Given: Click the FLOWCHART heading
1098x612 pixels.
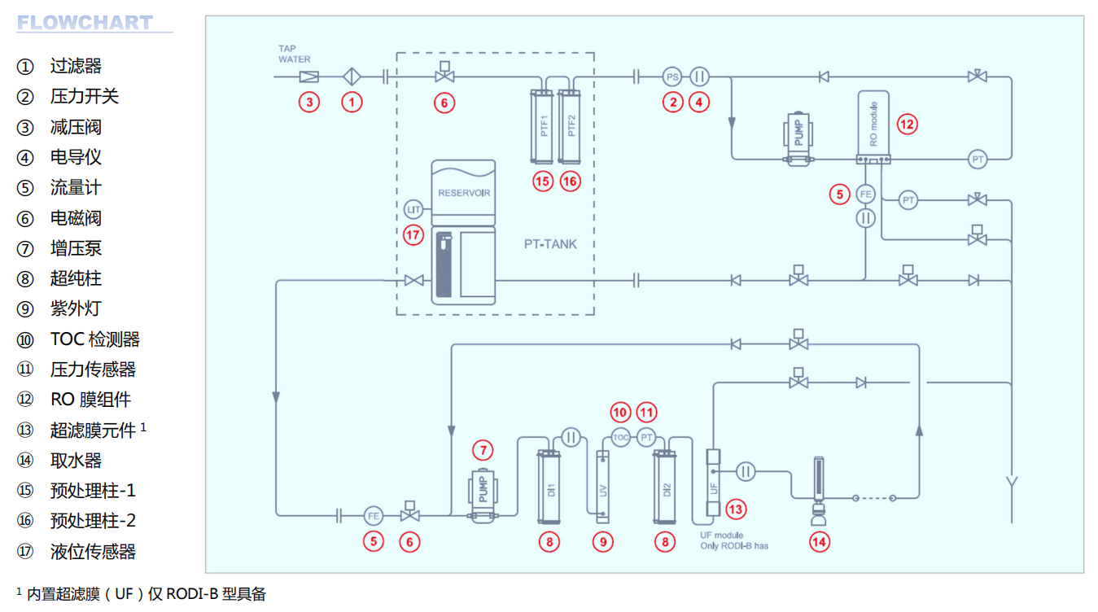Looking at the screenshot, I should pyautogui.click(x=85, y=23).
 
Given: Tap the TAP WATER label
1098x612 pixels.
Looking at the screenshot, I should pyautogui.click(x=295, y=54).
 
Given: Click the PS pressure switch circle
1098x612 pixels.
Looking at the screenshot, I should pyautogui.click(x=671, y=77).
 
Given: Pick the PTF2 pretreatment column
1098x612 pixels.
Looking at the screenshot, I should pyautogui.click(x=570, y=127).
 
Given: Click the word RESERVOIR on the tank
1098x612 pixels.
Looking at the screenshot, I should pyautogui.click(x=463, y=194).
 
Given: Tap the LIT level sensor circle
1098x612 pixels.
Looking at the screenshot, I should pyautogui.click(x=414, y=209).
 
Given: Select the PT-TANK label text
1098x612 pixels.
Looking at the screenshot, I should pyautogui.click(x=550, y=244).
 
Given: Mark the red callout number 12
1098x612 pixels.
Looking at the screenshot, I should pyautogui.click(x=907, y=124).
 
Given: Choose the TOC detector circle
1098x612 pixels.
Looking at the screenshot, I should pyautogui.click(x=621, y=437).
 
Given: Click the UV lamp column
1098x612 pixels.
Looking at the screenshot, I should pyautogui.click(x=602, y=487).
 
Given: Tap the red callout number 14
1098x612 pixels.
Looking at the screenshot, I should pyautogui.click(x=820, y=541).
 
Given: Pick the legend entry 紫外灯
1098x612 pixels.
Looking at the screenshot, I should pyautogui.click(x=76, y=309).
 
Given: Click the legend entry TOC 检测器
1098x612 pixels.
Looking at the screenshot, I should pyautogui.click(x=94, y=339).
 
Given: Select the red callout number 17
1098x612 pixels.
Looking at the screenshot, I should pyautogui.click(x=414, y=235).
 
